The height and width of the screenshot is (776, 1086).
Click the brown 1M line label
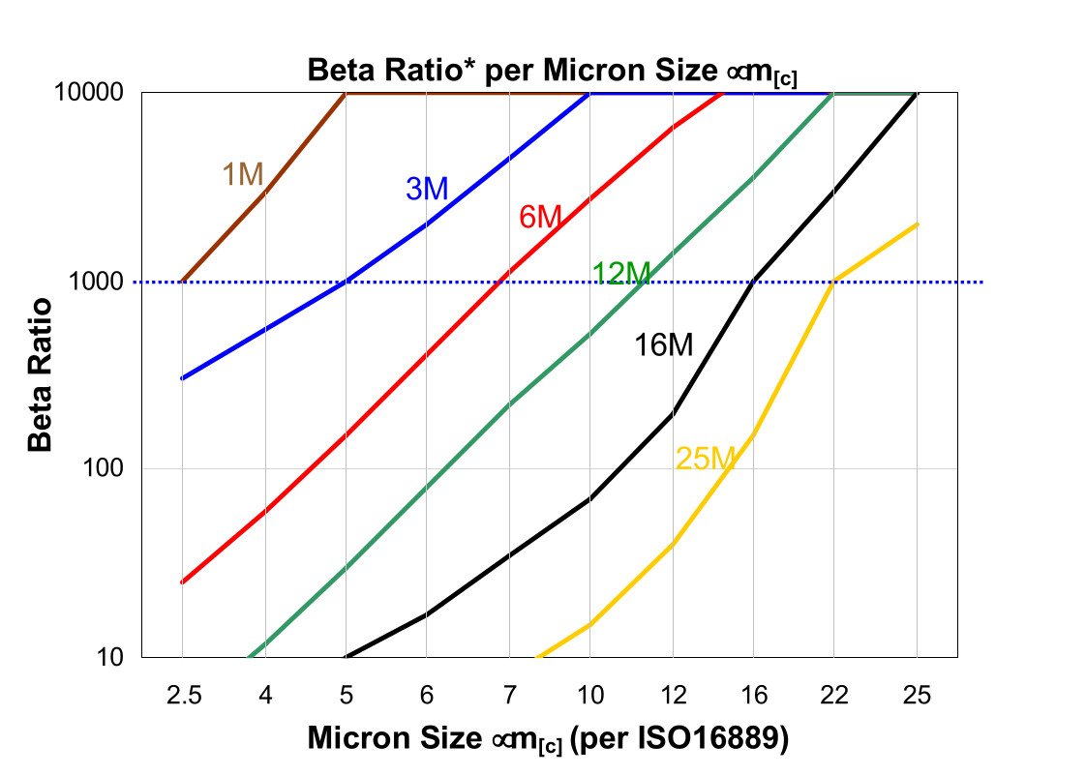point(243,174)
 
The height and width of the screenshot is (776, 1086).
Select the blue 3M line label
point(427,189)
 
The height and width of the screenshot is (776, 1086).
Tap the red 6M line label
point(540,217)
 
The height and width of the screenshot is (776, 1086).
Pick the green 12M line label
point(621,274)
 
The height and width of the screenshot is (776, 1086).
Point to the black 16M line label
point(663,344)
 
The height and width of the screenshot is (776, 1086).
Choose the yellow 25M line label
point(706,459)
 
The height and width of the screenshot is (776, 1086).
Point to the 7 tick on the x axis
point(509,696)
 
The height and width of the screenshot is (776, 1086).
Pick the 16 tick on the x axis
point(754,696)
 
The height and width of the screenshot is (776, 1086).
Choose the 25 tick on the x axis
point(917,696)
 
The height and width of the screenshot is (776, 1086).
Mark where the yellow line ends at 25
point(917,224)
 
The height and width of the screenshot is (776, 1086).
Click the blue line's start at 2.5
point(183,377)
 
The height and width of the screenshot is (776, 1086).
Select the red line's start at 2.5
point(183,582)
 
